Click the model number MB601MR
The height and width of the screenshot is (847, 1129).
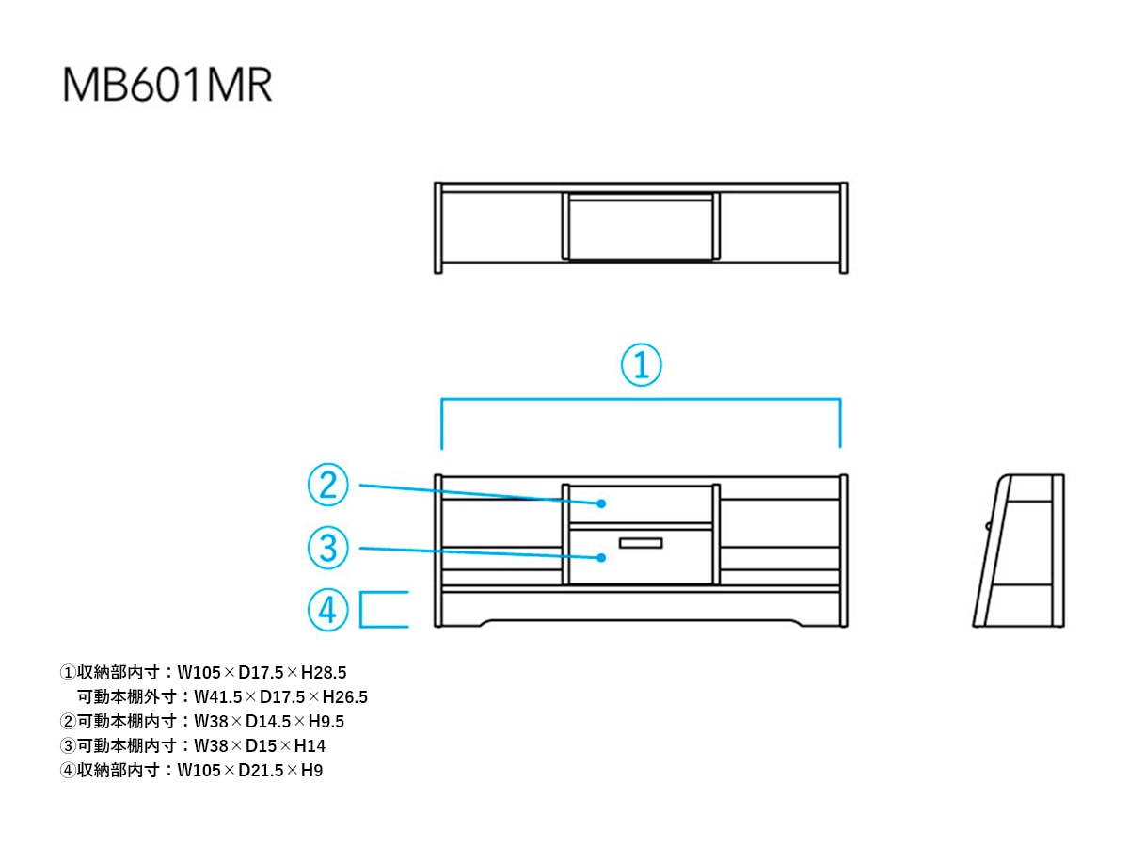tap(167, 85)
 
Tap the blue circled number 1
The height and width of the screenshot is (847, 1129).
tap(641, 364)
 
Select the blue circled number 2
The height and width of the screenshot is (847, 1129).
tap(327, 485)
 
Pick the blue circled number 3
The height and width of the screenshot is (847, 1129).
tap(327, 548)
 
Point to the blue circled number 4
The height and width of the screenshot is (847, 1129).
tap(327, 610)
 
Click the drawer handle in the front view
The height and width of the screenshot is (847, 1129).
tap(641, 543)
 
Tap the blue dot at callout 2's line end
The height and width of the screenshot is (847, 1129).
tap(601, 503)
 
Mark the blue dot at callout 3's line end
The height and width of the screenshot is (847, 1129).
tap(601, 557)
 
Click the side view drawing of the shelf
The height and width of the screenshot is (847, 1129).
tap(1018, 551)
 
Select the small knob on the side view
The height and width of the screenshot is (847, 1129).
tap(988, 526)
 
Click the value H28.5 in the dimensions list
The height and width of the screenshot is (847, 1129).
tap(324, 672)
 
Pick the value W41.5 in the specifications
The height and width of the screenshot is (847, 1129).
tap(217, 696)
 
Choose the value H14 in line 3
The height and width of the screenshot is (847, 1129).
tap(310, 745)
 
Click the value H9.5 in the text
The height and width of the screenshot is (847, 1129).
tap(326, 721)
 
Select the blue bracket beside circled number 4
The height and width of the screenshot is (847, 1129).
tap(360, 610)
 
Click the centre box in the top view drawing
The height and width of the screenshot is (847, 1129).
tap(641, 227)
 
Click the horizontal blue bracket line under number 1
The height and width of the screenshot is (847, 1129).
tap(641, 398)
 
